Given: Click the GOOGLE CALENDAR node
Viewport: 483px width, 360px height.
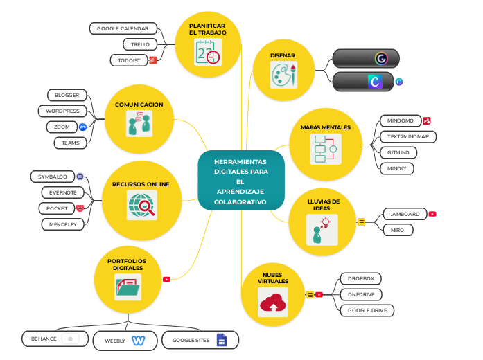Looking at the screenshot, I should (x=123, y=28).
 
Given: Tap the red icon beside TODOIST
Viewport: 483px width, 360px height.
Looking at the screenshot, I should (x=153, y=60).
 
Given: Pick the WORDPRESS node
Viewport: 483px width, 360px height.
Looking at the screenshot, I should (x=62, y=111).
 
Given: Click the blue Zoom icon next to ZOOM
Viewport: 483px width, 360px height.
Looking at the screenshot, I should (x=82, y=127).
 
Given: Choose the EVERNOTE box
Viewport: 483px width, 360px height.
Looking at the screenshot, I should (x=62, y=192).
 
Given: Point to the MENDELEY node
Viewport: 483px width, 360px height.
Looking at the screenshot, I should (x=62, y=224).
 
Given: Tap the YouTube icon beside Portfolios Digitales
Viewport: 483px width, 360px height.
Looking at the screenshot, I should (x=166, y=280).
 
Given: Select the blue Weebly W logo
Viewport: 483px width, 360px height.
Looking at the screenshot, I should (x=138, y=340).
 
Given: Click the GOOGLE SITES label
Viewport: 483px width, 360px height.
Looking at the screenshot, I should (x=191, y=340).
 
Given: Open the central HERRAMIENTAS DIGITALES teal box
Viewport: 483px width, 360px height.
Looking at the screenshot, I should (x=240, y=181).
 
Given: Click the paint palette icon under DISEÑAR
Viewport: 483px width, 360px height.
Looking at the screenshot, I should (x=283, y=74).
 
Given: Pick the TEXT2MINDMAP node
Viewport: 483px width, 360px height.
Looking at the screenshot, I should (x=407, y=136).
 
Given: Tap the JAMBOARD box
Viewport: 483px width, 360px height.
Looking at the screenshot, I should (x=404, y=214).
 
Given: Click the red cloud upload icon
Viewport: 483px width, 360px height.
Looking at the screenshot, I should (x=272, y=303).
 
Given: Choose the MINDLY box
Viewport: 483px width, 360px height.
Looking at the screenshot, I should (x=396, y=168).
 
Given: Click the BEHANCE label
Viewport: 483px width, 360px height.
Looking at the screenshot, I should (x=44, y=339).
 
